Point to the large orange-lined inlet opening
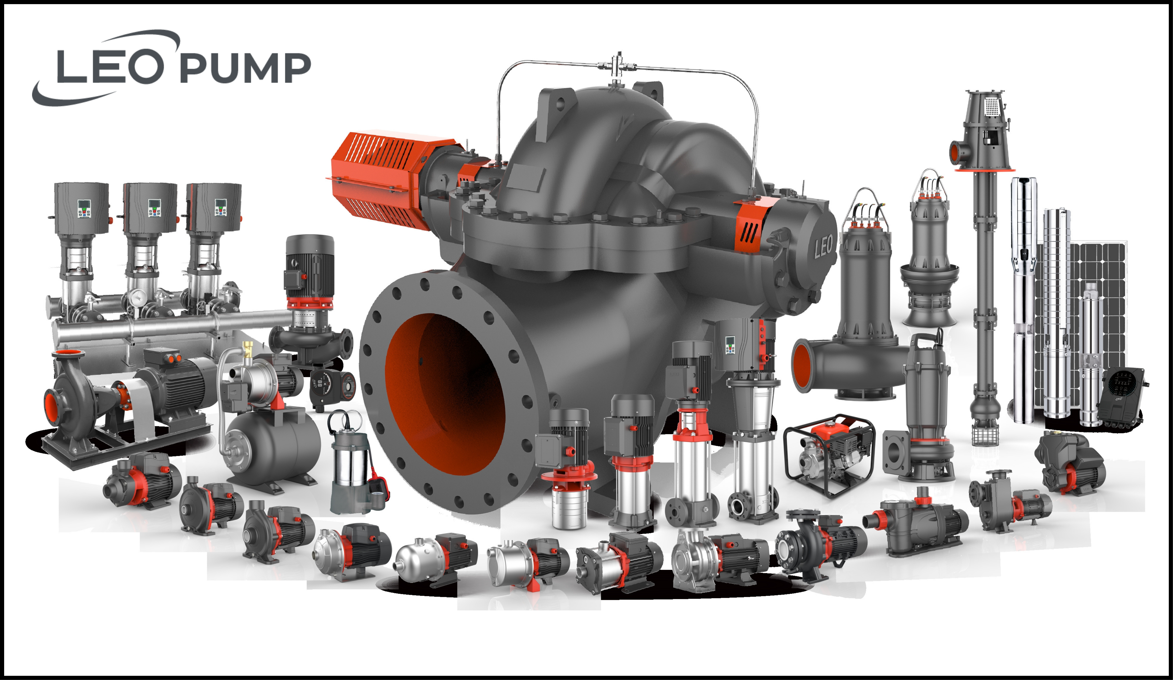tap(444, 393)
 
